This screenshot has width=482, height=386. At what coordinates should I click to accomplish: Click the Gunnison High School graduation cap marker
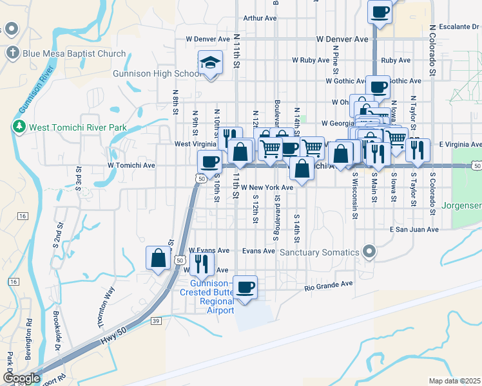[x=210, y=63]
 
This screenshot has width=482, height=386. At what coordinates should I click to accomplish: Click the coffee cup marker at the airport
[x=244, y=288]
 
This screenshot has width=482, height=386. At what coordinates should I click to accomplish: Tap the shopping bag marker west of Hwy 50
[x=158, y=259]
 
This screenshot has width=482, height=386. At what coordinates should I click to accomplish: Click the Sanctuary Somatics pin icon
[x=369, y=251]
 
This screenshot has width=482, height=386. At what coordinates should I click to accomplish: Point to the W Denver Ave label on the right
[x=342, y=39]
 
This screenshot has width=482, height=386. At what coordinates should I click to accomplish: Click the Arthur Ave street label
[x=260, y=18]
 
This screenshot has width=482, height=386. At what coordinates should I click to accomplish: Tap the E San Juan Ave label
[x=414, y=229]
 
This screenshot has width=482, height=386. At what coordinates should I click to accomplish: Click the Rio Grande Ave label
[x=329, y=284]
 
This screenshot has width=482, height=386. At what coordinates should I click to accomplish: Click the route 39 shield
[x=156, y=321]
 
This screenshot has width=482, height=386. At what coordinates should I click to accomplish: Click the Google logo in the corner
[x=21, y=378]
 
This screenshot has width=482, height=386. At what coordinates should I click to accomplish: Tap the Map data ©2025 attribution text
[x=455, y=381]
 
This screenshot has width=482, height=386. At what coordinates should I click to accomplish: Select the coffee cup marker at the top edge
[x=380, y=11]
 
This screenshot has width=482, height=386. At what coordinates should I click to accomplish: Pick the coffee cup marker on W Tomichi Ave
[x=209, y=161]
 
